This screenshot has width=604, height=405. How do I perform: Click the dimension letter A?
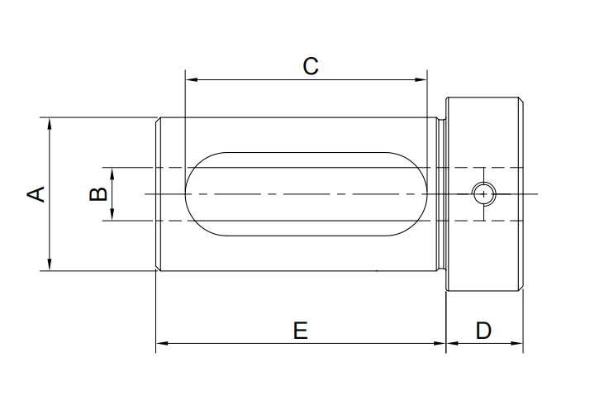tap(36, 194)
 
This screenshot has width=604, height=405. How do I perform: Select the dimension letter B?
tap(97, 194)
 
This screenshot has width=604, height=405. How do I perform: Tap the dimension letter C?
tap(311, 66)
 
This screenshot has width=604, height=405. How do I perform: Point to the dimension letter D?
tap(484, 331)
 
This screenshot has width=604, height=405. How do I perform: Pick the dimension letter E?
tap(301, 331)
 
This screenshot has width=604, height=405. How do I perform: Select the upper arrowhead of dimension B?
tap(112, 172)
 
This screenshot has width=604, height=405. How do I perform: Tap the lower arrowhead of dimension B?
tap(112, 216)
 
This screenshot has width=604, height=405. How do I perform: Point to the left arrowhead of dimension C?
tap(190, 80)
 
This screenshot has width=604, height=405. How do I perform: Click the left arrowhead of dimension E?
tap(162, 342)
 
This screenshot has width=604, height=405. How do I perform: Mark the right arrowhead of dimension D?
tap(517, 342)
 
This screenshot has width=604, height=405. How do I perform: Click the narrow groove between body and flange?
tap(441, 194)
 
